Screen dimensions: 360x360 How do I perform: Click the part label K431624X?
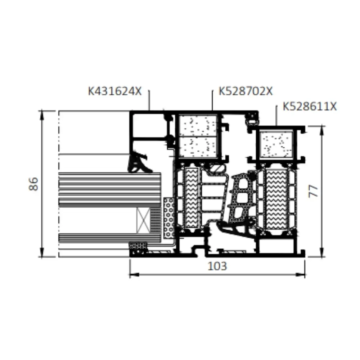(115, 91)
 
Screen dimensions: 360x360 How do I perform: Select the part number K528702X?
(246, 91)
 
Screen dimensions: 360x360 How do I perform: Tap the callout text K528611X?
(310, 107)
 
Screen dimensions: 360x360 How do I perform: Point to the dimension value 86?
(33, 184)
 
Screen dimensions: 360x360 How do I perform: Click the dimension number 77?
(314, 191)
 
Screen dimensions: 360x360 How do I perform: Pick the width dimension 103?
(217, 266)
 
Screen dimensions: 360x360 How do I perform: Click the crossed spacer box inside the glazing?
(143, 220)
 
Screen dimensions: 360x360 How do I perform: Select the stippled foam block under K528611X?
(276, 144)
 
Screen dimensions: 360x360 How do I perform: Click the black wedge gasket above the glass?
(139, 163)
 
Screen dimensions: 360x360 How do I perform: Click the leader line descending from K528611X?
(276, 116)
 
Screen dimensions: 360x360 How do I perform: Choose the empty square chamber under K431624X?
(149, 124)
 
